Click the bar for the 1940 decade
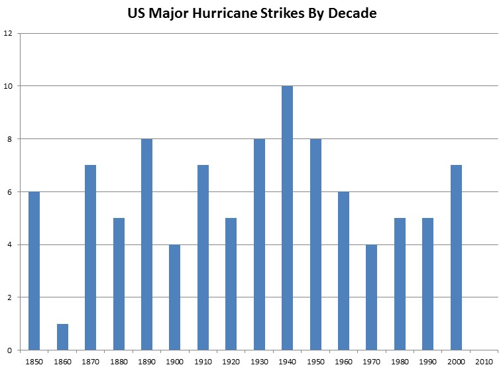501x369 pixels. click(x=288, y=218)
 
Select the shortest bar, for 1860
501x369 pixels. click(x=62, y=337)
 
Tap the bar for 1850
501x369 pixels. click(x=34, y=271)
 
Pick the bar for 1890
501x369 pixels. click(x=146, y=244)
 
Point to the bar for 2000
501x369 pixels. click(x=457, y=258)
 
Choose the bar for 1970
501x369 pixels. click(x=372, y=297)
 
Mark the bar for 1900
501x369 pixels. click(x=175, y=297)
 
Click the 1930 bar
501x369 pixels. click(x=259, y=244)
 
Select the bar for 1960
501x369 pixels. click(x=344, y=271)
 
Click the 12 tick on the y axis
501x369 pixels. click(x=8, y=33)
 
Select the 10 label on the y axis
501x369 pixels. click(x=8, y=86)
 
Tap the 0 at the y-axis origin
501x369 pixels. click(x=10, y=350)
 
